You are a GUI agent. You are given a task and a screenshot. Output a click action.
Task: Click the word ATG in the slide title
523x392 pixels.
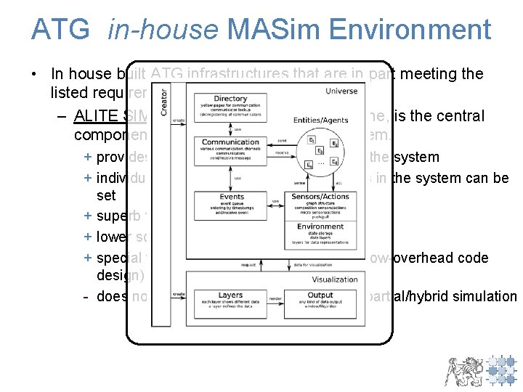60,30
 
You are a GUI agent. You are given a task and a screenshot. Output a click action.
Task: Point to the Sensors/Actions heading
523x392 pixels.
320,197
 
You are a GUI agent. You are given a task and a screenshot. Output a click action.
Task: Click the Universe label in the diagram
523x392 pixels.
341,91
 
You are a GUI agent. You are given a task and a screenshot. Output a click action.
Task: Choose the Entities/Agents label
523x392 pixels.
320,120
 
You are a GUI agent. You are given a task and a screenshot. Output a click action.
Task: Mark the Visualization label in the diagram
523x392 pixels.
334,279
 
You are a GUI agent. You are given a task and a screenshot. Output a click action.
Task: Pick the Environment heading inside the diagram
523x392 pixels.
320,226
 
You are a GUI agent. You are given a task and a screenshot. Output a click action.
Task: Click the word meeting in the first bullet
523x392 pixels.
443,73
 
